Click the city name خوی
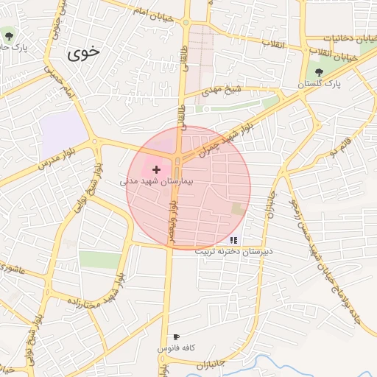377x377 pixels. (x=85, y=53)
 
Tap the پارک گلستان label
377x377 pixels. (x=321, y=85)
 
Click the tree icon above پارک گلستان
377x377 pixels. (x=319, y=73)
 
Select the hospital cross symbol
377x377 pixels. (x=156, y=169)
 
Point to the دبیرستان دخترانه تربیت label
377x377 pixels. (x=233, y=251)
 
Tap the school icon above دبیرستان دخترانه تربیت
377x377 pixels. (x=233, y=240)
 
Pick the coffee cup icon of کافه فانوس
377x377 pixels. (x=175, y=337)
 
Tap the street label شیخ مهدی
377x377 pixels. (x=223, y=91)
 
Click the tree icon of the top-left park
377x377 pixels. (x=9, y=35)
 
